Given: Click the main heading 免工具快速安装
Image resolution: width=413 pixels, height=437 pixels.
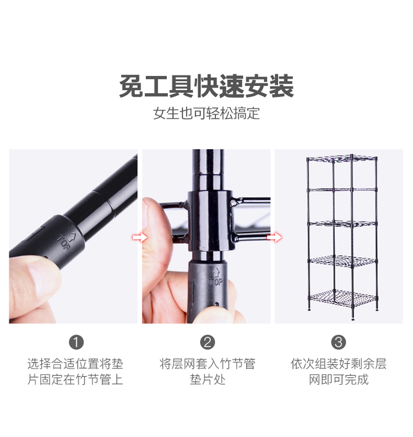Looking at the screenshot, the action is [x=206, y=86].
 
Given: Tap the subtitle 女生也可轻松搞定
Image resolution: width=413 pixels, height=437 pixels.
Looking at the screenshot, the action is [x=206, y=113].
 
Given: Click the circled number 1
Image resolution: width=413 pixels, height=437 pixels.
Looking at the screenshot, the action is [x=77, y=342].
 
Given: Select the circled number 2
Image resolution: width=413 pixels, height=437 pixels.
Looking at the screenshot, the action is [x=208, y=342].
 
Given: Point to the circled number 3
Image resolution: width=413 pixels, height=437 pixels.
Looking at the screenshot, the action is [x=339, y=342].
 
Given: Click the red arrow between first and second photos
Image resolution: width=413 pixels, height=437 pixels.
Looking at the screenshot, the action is [x=140, y=238].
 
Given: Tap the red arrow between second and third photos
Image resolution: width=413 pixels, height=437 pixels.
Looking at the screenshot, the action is [x=275, y=238].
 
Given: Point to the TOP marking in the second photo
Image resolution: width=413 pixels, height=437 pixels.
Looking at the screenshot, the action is [x=216, y=278].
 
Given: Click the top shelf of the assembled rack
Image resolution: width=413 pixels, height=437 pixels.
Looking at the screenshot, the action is [x=341, y=159].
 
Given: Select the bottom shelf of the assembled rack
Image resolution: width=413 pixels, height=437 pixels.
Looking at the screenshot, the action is [x=343, y=298].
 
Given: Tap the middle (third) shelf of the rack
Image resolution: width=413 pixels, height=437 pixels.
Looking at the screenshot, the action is [x=343, y=224].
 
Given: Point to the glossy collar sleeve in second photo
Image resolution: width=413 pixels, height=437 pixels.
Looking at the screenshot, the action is [x=210, y=221].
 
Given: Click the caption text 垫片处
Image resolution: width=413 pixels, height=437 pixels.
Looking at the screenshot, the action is [x=208, y=379].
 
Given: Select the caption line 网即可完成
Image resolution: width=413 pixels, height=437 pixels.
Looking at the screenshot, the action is [x=339, y=379].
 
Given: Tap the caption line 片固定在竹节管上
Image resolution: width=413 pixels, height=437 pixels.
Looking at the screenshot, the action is [x=75, y=379].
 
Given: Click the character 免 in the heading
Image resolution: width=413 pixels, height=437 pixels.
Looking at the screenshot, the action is [x=132, y=86].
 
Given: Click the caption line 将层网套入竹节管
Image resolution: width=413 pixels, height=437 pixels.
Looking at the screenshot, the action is [x=208, y=364].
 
